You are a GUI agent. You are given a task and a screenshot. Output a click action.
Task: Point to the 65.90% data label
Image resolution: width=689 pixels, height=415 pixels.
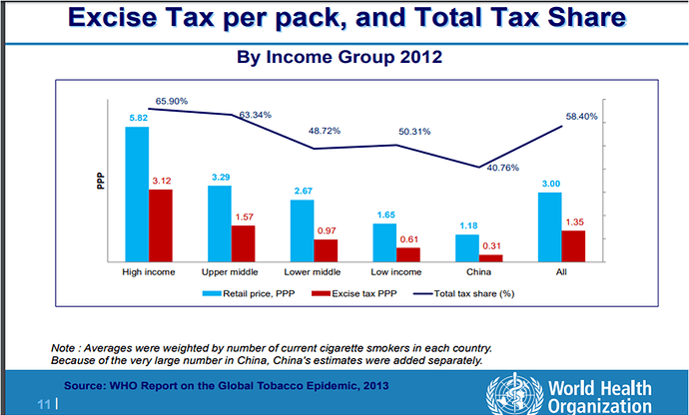[171, 101]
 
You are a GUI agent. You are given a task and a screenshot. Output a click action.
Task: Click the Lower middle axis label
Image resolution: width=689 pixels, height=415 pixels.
[313, 271]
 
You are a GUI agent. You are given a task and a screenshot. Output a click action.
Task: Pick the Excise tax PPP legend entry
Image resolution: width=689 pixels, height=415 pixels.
[356, 294]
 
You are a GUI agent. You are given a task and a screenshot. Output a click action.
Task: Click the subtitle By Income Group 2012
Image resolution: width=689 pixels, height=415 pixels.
[340, 57]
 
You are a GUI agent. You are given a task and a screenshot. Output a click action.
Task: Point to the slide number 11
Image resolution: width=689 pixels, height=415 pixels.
[44, 404]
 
